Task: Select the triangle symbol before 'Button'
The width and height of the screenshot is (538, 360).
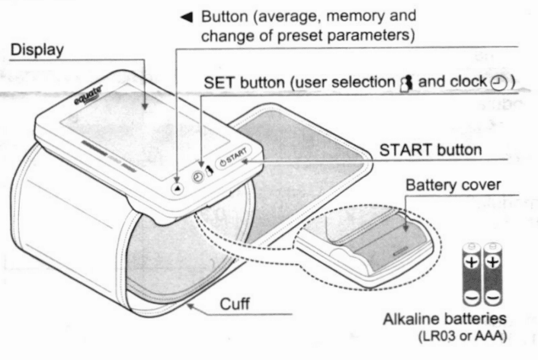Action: pos(183,16)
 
